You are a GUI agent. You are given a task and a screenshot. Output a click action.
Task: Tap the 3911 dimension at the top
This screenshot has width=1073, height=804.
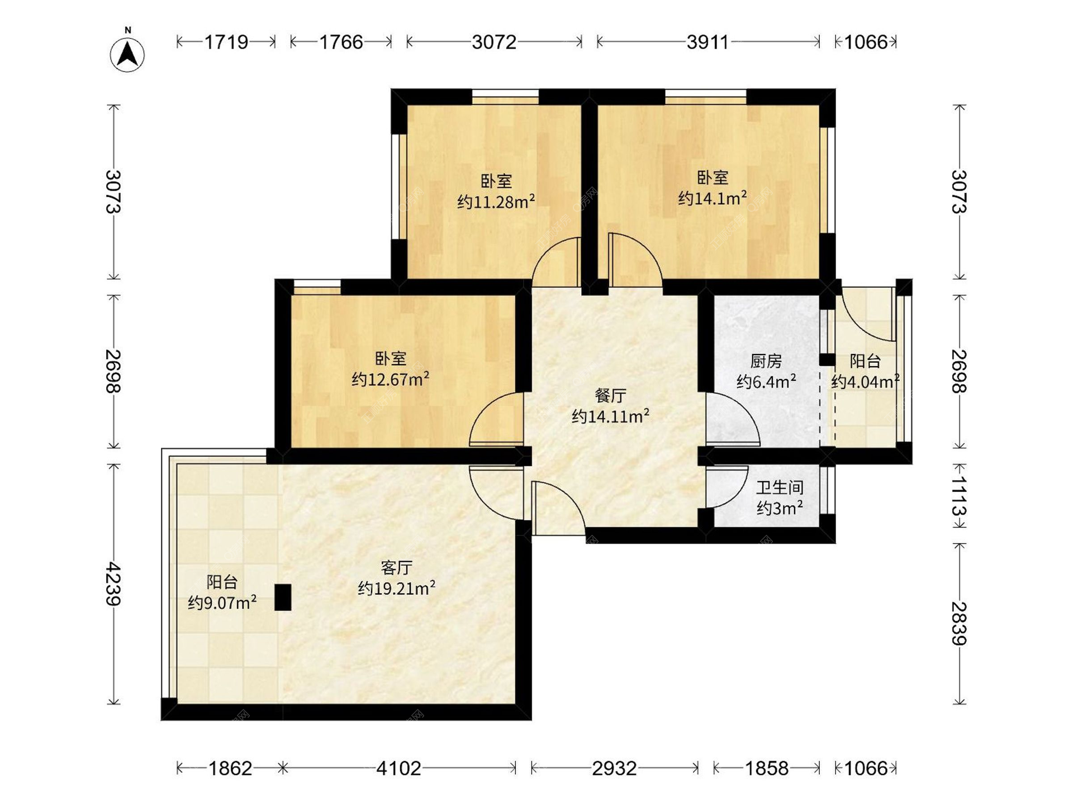click(708, 42)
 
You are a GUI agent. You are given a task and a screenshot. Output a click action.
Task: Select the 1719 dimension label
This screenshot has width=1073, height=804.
click(226, 42)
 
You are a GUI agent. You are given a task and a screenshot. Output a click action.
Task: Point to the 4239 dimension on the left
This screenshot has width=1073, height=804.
click(113, 583)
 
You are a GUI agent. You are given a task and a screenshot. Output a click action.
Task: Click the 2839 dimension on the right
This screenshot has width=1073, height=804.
click(959, 623)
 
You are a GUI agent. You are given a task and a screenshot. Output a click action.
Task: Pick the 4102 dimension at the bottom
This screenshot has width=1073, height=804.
click(398, 769)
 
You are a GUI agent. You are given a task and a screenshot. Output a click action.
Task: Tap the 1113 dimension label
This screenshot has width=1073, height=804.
click(959, 495)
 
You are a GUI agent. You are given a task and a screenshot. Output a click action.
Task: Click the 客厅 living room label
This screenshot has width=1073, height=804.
click(396, 568)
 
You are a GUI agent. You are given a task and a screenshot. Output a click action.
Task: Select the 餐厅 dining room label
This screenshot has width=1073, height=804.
click(610, 396)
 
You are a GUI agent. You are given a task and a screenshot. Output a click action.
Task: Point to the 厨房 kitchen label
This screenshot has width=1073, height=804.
click(766, 361)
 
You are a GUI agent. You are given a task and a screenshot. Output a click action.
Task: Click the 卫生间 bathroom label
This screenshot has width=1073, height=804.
click(780, 487)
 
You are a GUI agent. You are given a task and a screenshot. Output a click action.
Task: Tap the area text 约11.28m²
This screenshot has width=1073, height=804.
click(496, 201)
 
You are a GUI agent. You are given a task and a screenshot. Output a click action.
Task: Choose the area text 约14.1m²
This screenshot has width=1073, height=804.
click(713, 198)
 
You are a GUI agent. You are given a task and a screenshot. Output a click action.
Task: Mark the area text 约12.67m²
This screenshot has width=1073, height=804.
click(391, 379)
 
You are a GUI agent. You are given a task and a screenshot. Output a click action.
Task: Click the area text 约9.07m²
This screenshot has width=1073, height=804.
click(222, 602)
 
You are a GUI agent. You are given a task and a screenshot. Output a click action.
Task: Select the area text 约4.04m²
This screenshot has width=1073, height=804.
click(865, 381)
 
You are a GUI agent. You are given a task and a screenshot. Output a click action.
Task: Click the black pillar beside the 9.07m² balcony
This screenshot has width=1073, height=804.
click(283, 597)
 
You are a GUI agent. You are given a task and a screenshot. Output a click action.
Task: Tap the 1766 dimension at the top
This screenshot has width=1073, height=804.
click(341, 42)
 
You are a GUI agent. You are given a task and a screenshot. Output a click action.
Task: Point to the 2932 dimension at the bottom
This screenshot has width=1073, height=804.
click(614, 769)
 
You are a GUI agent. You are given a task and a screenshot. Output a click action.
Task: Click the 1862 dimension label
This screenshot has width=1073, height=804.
click(230, 769)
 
